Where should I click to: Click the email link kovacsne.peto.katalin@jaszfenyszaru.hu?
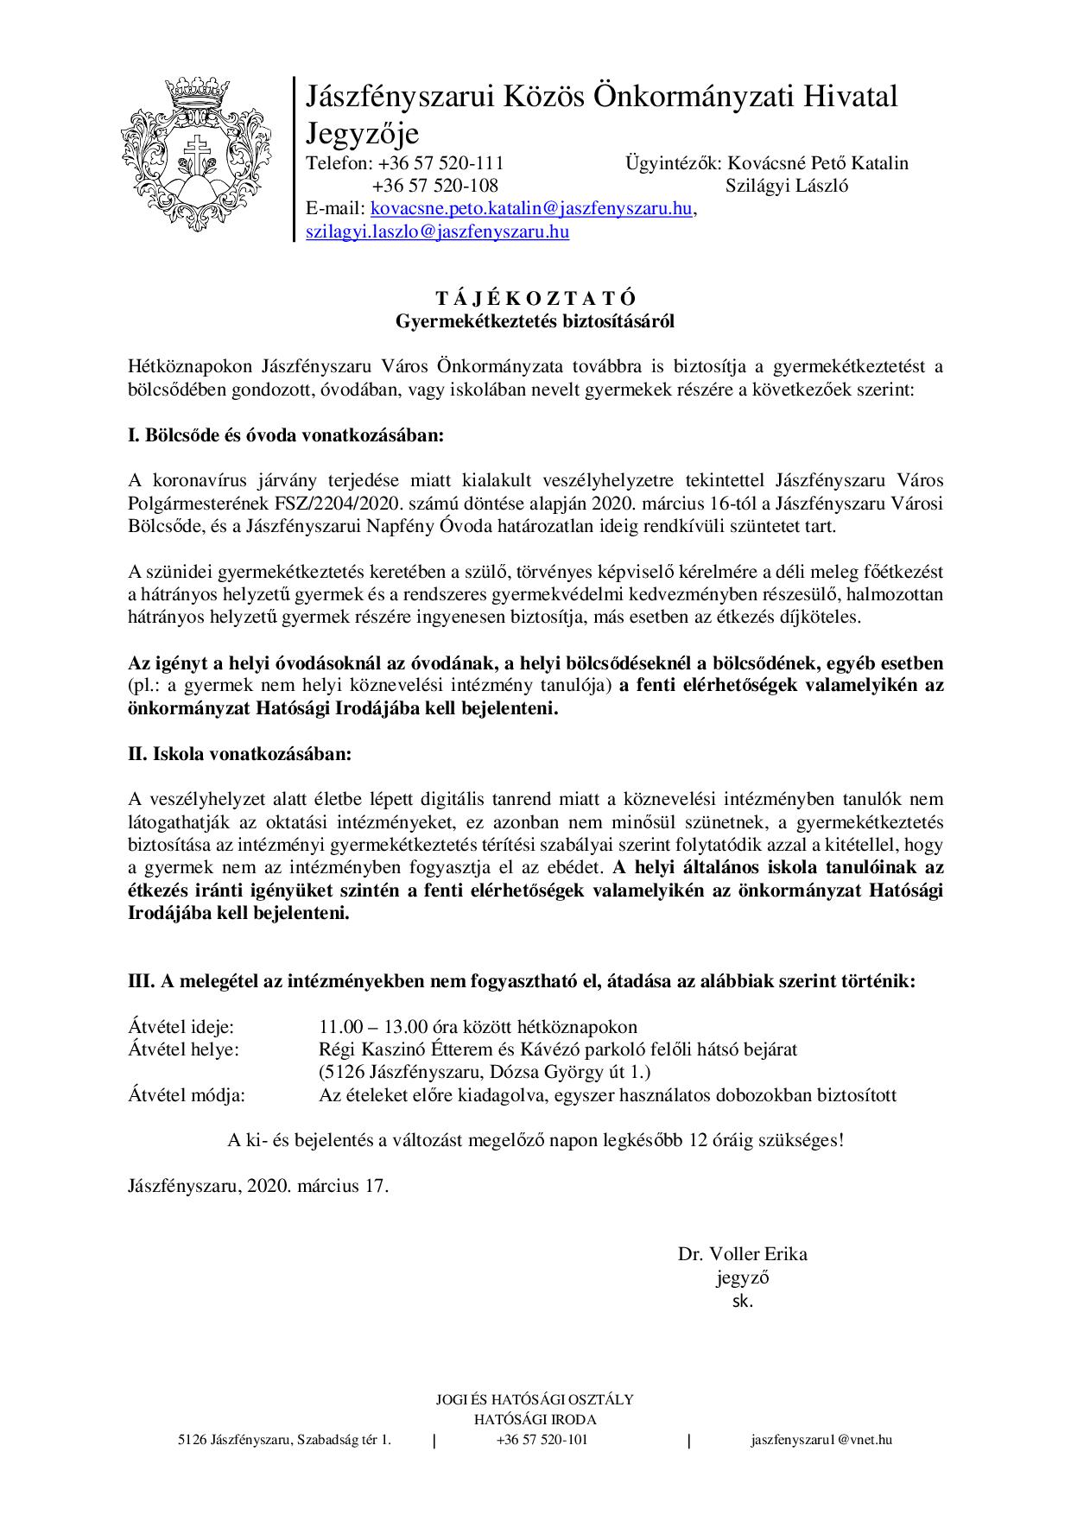(531, 209)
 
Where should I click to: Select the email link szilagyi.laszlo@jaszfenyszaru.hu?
(437, 231)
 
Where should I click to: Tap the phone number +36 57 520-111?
(439, 163)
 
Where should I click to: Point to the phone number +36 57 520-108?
(435, 186)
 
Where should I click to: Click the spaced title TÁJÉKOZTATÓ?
(535, 299)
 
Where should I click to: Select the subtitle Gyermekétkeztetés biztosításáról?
(535, 321)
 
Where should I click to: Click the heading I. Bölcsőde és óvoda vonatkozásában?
(286, 434)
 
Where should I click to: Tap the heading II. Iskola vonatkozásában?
(240, 753)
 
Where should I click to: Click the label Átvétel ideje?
(181, 1027)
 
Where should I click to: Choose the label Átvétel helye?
(183, 1049)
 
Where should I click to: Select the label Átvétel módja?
(187, 1095)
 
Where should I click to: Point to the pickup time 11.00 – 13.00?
(374, 1027)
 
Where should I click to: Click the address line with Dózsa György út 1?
(485, 1073)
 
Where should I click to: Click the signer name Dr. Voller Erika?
(742, 1253)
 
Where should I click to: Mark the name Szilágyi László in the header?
(787, 186)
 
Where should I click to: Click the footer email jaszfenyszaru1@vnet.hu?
(821, 1439)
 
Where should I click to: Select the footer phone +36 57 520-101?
(542, 1439)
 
